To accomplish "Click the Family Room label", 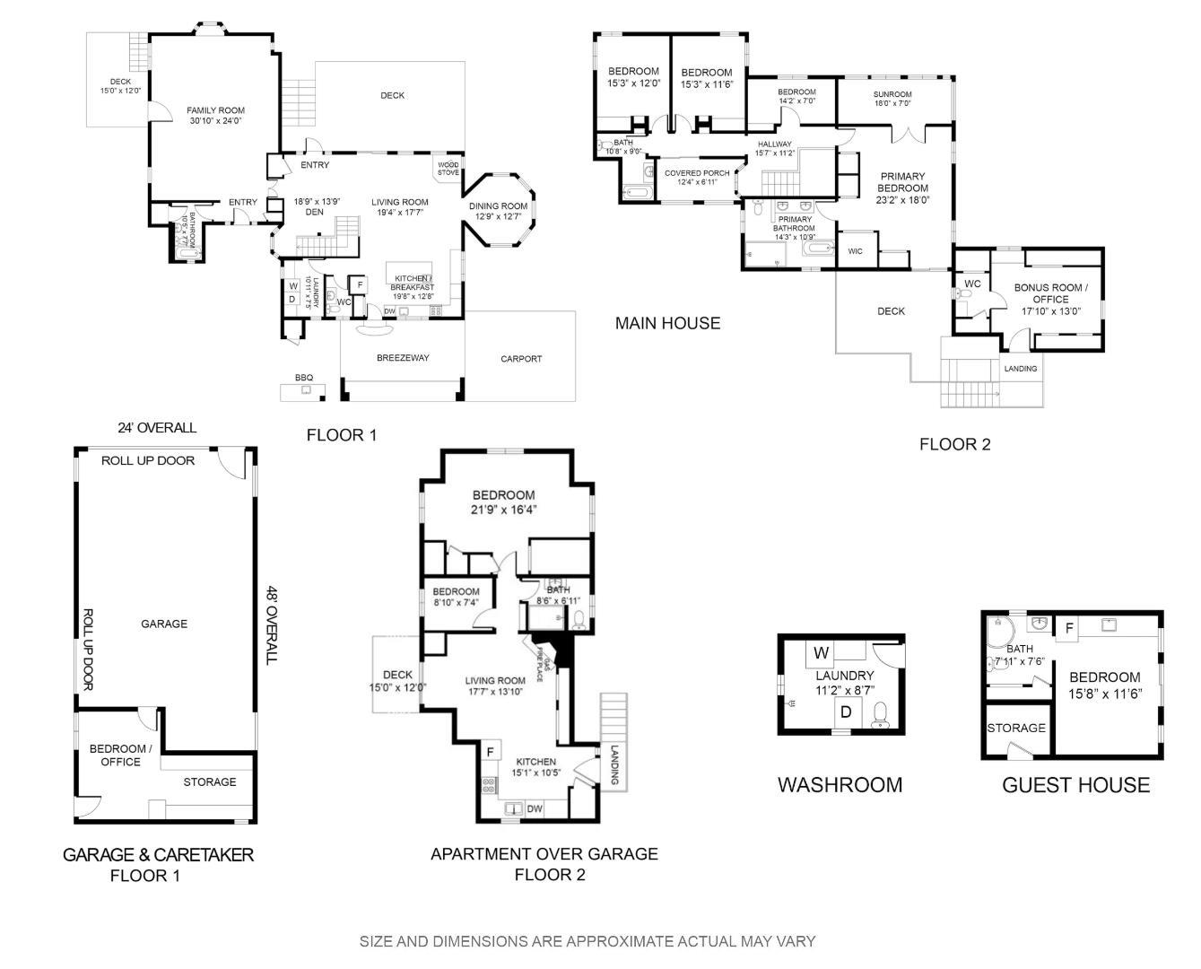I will pyautogui.click(x=215, y=110).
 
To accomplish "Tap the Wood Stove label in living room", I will pyautogui.click(x=448, y=169).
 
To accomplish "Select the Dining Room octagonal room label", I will pyautogui.click(x=498, y=206).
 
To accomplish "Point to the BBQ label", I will pyautogui.click(x=304, y=378).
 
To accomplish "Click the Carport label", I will pyautogui.click(x=521, y=359).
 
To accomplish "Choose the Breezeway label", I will pyautogui.click(x=403, y=358).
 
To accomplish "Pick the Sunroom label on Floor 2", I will pyautogui.click(x=892, y=94).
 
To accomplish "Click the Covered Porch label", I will pyautogui.click(x=697, y=173).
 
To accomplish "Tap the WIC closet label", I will pyautogui.click(x=855, y=251).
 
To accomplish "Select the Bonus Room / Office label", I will pyautogui.click(x=1050, y=293).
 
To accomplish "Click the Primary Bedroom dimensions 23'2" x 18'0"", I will pyautogui.click(x=902, y=200).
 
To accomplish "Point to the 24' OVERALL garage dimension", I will pyautogui.click(x=157, y=428).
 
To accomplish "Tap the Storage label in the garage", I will pyautogui.click(x=210, y=781).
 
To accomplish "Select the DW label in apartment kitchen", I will pyautogui.click(x=535, y=808).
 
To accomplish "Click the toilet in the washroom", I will pyautogui.click(x=880, y=714).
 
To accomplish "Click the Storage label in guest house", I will pyautogui.click(x=1016, y=728).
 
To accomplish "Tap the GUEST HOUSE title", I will pyautogui.click(x=1075, y=785).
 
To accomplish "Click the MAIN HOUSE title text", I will pyautogui.click(x=667, y=323).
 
